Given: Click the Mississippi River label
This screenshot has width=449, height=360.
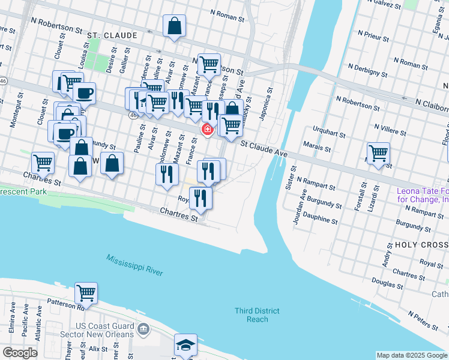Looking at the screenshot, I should pos(134,265).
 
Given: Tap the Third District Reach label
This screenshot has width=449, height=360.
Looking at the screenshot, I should pos(257,314).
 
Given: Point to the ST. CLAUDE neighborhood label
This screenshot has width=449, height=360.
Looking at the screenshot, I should pos(109,36).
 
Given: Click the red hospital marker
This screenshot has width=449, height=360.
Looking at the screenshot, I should pos(208,129).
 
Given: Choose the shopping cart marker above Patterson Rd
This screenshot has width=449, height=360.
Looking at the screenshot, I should pos(86,293).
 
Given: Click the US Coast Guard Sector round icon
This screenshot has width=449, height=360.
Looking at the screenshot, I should pos(143,329).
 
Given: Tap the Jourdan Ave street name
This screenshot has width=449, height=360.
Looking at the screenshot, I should pos(298,207).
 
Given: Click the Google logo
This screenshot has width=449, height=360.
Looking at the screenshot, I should pos(20,353).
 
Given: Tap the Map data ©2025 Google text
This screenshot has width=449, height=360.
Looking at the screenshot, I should pos(411,355).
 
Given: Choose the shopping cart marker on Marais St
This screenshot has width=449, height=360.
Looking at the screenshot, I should pos(378,153).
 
